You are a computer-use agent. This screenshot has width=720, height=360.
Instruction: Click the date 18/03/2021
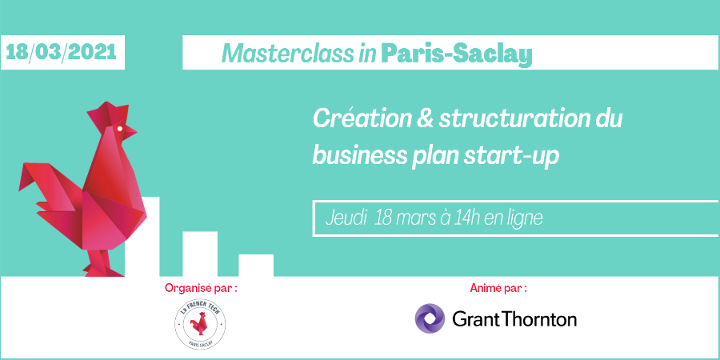61,53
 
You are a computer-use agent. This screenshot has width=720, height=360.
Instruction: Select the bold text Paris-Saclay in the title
456,54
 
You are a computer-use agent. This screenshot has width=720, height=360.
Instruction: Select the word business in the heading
354,155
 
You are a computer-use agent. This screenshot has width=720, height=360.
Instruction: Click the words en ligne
511,218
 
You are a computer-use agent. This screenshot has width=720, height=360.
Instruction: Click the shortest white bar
256,265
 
